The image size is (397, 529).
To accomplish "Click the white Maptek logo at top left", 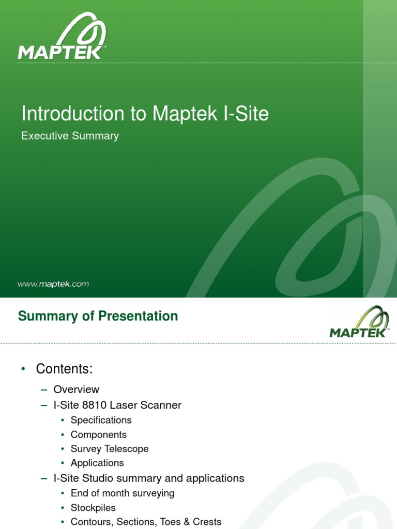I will (x=63, y=38).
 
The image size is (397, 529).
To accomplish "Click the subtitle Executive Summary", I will (x=70, y=136).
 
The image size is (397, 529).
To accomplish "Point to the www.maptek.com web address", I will (x=53, y=284).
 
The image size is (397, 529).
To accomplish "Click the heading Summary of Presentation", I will (x=98, y=316).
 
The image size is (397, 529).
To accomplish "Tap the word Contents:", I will (x=64, y=369).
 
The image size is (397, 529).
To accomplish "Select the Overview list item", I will (x=76, y=390).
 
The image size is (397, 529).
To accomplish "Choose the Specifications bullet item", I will (x=101, y=420).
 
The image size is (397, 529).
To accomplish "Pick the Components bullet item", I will (x=98, y=434).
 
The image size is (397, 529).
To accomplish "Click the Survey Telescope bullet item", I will (x=110, y=449).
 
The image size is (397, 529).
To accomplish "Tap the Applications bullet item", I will (x=97, y=463).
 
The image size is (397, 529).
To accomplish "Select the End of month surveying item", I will (x=123, y=493).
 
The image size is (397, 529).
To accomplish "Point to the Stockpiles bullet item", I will (x=93, y=508).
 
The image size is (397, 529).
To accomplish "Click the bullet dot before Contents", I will (x=23, y=369).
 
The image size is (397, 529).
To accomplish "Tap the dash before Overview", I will (x=44, y=390).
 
